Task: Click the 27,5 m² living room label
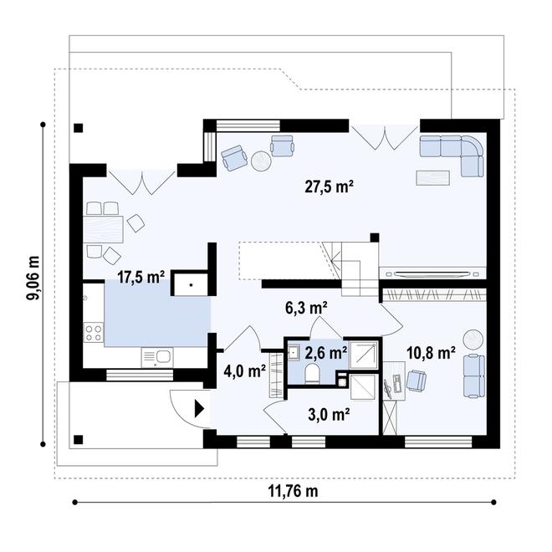[x=329, y=187]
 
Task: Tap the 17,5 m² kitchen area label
[x=141, y=277]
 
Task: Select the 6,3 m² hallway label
[x=306, y=308]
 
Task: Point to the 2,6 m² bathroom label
[x=326, y=353]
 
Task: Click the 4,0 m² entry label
[x=245, y=371]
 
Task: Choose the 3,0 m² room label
[x=329, y=414]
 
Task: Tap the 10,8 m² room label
[x=431, y=352]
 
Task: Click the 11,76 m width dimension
[x=294, y=491]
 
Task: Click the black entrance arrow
[x=200, y=409]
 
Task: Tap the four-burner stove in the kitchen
[x=94, y=333]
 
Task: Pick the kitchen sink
[x=157, y=357]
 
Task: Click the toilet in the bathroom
[x=312, y=374]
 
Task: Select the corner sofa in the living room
[x=454, y=151]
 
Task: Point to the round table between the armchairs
[x=261, y=161]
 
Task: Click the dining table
[x=103, y=229]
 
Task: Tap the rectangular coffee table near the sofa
[x=432, y=178]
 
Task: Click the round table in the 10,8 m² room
[x=473, y=340]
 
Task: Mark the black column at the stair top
[x=375, y=238]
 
